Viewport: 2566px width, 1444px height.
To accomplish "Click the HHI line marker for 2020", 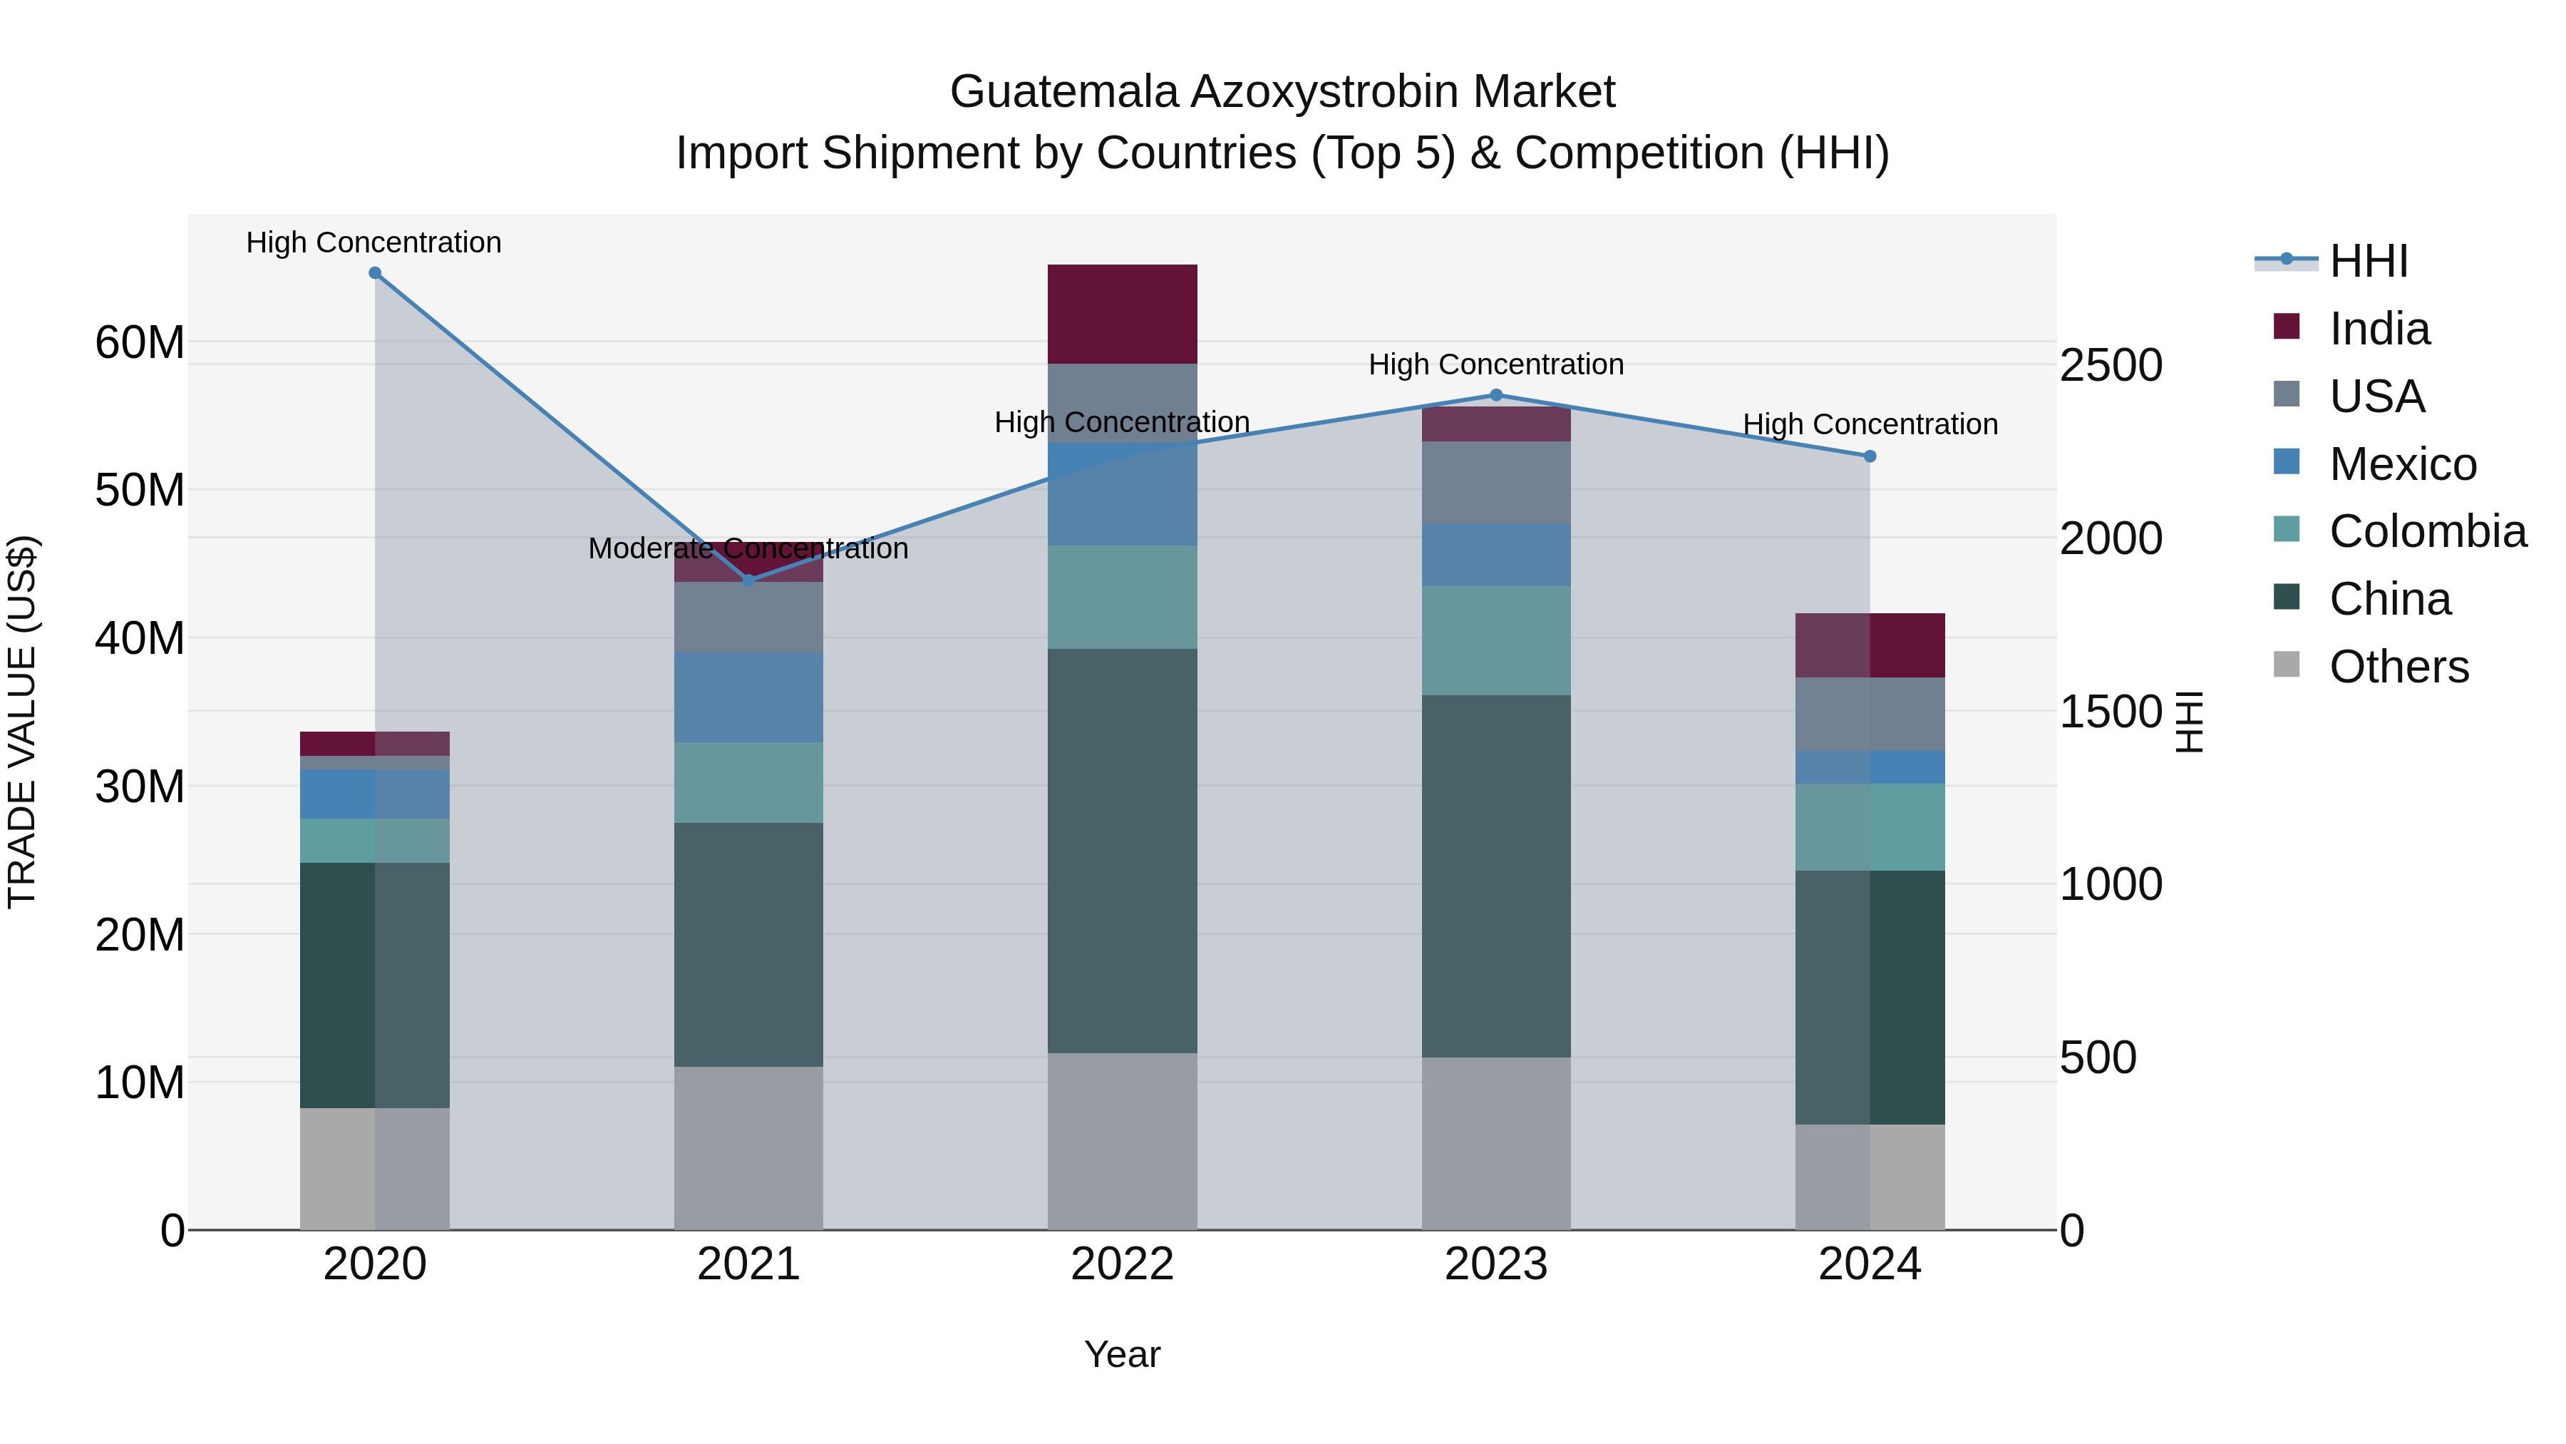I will click(x=374, y=273).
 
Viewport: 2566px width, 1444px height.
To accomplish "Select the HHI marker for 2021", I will click(x=749, y=580).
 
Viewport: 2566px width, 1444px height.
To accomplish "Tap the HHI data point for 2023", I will click(x=1495, y=396).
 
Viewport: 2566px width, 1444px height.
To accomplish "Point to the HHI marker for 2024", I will click(x=1870, y=456).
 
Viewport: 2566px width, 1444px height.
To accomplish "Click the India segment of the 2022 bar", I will click(x=1123, y=314).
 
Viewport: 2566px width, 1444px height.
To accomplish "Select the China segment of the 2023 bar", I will click(x=1495, y=877).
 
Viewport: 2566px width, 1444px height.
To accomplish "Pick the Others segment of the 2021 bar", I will click(x=749, y=1148).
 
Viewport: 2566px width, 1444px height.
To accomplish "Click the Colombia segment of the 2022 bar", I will click(x=1123, y=598).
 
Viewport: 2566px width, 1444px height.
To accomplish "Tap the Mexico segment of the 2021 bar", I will click(x=749, y=697).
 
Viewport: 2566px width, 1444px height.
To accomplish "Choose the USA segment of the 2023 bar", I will click(x=1495, y=483).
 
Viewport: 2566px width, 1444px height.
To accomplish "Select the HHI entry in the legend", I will click(x=2368, y=261).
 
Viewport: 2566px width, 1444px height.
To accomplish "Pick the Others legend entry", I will click(x=2398, y=667).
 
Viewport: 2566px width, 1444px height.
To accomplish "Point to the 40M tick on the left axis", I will click(x=140, y=637).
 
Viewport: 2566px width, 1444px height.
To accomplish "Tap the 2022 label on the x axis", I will click(x=1123, y=1264).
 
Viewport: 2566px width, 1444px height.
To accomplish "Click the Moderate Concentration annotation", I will click(x=748, y=548).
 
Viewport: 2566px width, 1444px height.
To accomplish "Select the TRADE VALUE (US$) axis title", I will click(x=22, y=722).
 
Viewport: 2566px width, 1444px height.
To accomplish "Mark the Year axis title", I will click(x=1122, y=1354).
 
